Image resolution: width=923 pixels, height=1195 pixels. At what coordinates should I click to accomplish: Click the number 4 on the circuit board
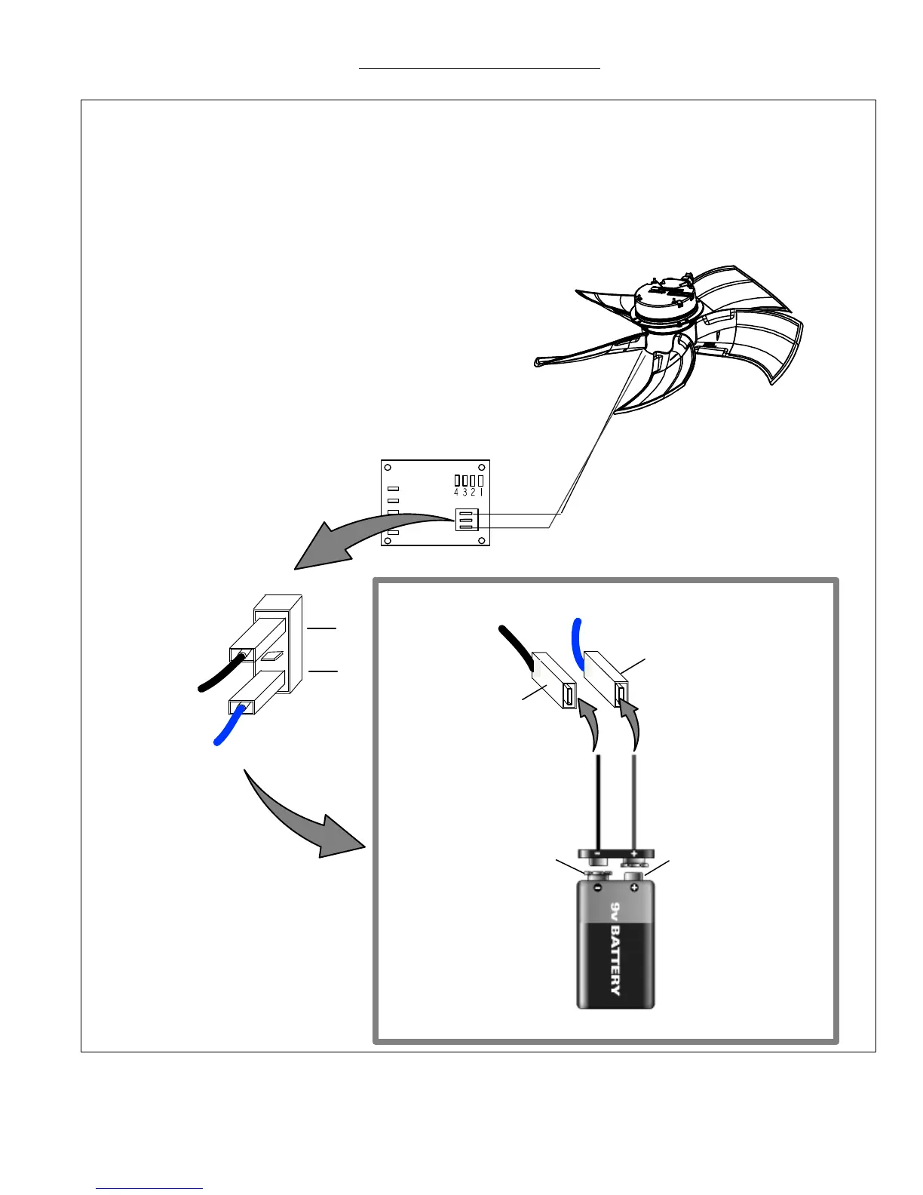[457, 493]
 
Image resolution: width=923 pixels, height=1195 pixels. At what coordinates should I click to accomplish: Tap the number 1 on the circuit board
[481, 493]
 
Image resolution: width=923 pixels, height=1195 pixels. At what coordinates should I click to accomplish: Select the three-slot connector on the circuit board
[465, 519]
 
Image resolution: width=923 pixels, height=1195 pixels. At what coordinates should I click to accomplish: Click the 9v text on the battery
[615, 909]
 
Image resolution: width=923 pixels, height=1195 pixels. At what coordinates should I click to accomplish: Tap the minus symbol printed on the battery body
[596, 888]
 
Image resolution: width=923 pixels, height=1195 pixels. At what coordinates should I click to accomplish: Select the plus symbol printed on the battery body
[634, 888]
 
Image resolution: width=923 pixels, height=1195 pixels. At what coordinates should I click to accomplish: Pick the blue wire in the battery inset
[578, 641]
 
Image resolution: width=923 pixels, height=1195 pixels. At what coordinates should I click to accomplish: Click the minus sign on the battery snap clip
[597, 852]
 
